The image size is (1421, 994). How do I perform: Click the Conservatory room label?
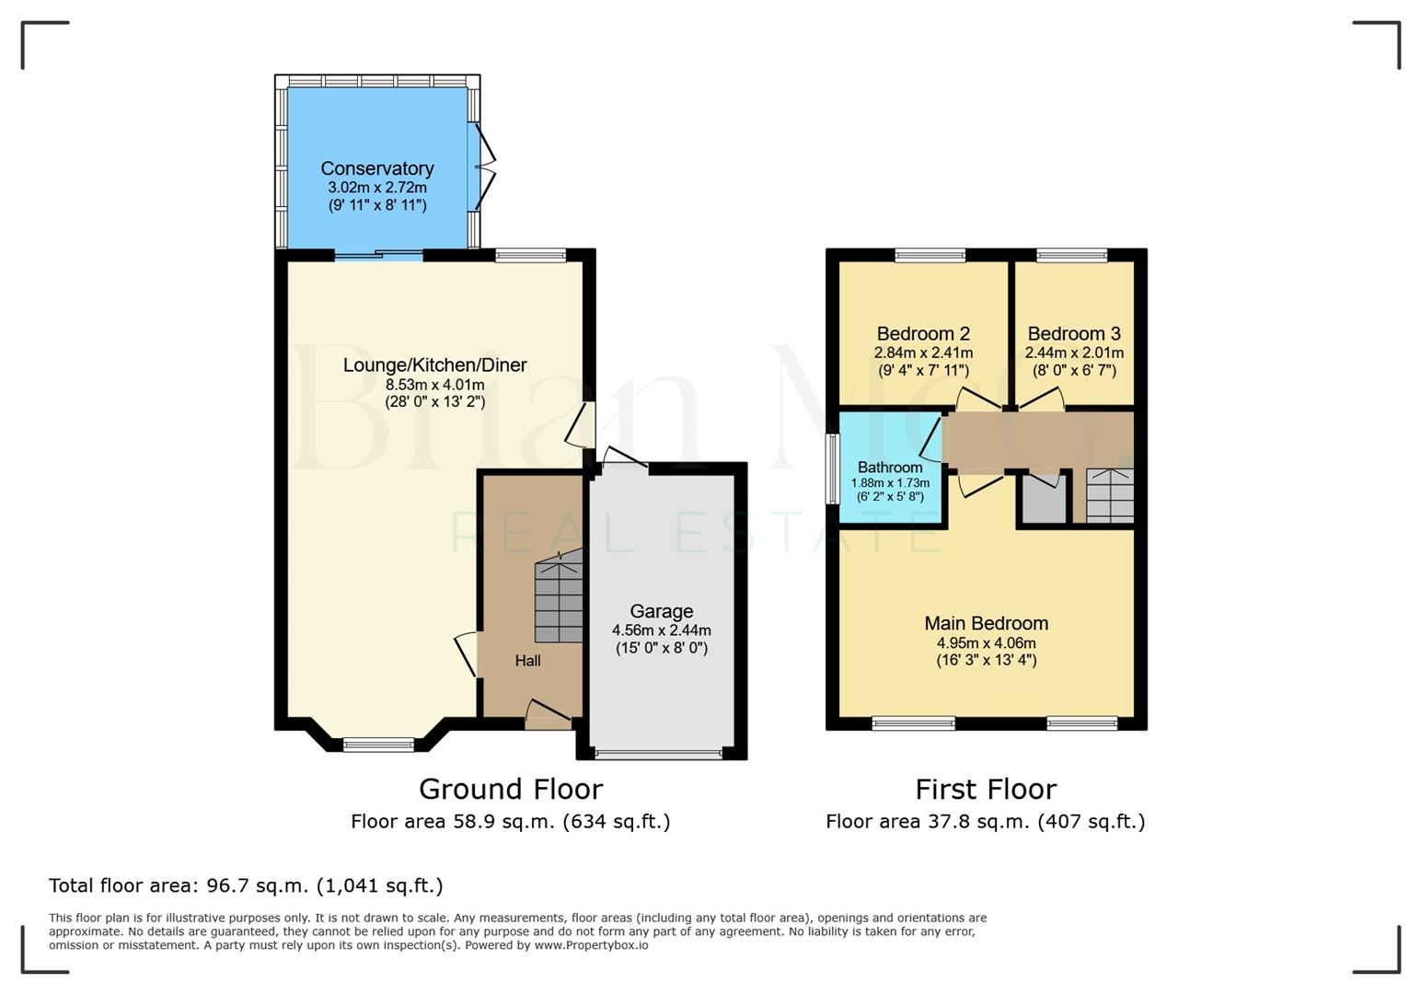click(377, 168)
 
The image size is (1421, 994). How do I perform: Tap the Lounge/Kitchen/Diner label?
click(434, 365)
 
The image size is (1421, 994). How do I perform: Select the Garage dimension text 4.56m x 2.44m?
click(661, 630)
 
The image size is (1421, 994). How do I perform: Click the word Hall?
click(527, 661)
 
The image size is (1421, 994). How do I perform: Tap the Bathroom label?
click(889, 467)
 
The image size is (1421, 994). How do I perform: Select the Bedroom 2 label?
click(923, 333)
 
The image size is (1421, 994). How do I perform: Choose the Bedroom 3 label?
click(1074, 333)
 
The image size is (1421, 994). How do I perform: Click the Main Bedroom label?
click(986, 623)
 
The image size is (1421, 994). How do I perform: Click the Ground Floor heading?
click(510, 790)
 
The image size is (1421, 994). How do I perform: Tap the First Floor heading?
click(985, 790)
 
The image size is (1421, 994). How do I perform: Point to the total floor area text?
click(246, 885)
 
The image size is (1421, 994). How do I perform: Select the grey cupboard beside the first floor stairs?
click(1044, 500)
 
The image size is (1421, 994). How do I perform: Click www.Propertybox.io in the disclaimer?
click(591, 945)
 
